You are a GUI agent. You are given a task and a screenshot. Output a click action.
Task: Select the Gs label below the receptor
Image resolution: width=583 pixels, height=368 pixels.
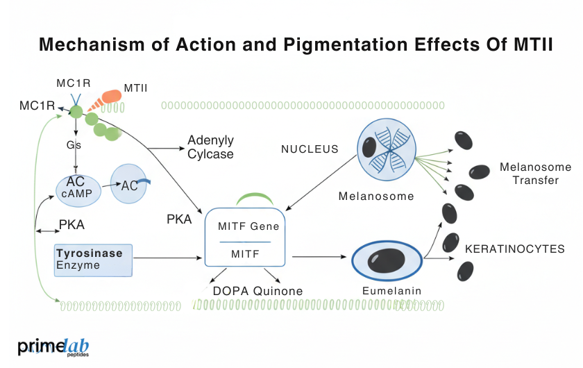74,146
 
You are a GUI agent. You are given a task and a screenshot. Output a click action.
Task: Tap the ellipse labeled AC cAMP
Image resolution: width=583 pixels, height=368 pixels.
78,187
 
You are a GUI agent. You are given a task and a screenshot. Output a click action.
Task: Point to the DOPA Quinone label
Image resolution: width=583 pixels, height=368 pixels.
257,291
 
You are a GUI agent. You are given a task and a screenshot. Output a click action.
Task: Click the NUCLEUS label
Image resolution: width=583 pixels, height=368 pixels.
310,149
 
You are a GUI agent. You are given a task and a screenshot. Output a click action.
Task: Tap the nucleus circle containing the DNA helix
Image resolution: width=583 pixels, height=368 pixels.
385,147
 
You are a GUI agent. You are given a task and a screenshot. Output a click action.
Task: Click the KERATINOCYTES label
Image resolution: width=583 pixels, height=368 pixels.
514,249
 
